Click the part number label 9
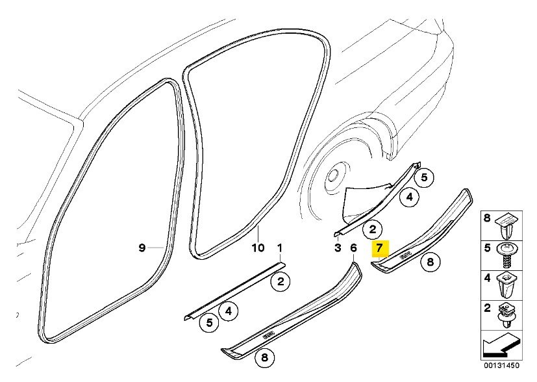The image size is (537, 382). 142,248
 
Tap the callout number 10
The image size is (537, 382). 258,248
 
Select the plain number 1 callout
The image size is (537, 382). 280,248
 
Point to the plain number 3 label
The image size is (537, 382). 338,248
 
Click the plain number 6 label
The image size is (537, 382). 353,248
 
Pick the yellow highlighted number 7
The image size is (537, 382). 379,248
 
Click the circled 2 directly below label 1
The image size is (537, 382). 280,281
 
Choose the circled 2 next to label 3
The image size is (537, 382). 373,229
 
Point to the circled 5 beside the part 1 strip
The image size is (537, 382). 209,320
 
